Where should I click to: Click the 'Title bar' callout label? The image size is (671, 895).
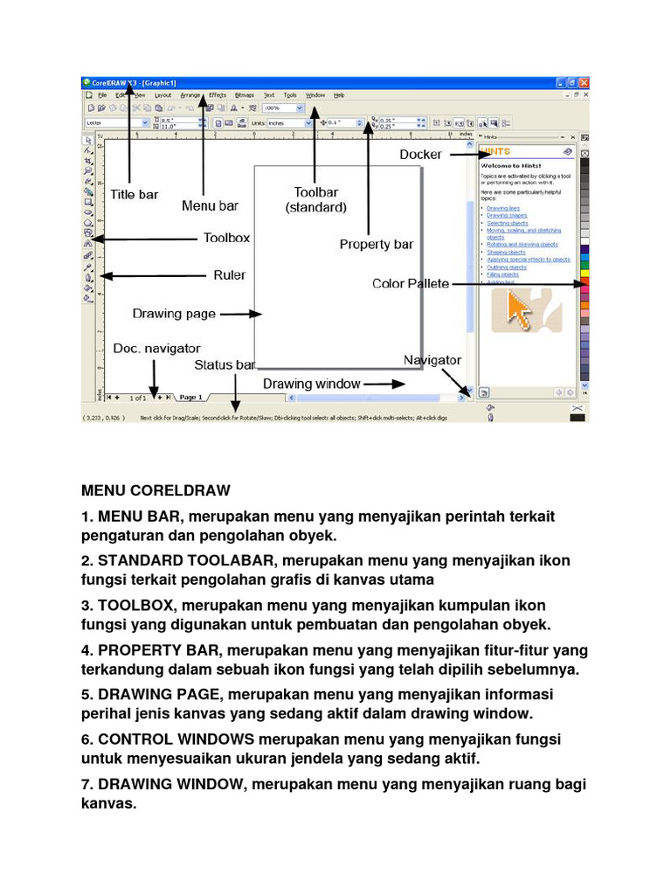134,194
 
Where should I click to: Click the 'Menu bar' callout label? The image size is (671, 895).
210,206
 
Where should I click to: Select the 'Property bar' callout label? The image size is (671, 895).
377,244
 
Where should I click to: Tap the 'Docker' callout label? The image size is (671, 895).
420,155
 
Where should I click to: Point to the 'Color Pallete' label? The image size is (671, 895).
411,283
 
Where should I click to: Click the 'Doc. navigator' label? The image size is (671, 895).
156,348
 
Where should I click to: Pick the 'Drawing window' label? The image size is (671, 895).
312,384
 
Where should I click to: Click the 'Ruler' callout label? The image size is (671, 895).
230,274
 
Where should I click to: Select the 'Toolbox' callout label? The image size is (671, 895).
226,237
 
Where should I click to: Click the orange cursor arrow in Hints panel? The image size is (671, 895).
520,311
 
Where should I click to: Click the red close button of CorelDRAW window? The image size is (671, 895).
584,83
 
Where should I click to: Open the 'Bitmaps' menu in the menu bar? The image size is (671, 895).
245,95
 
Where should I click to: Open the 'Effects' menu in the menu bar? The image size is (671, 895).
218,95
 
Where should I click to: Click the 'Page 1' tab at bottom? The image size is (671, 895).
190,398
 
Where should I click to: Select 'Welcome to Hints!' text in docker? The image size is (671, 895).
511,165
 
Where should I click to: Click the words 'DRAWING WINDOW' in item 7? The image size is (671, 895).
172,784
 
